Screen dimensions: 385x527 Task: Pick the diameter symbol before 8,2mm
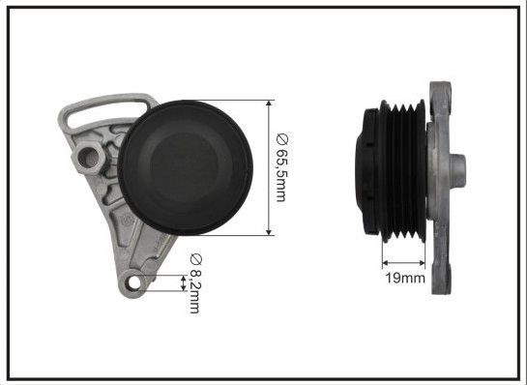tap(194, 260)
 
